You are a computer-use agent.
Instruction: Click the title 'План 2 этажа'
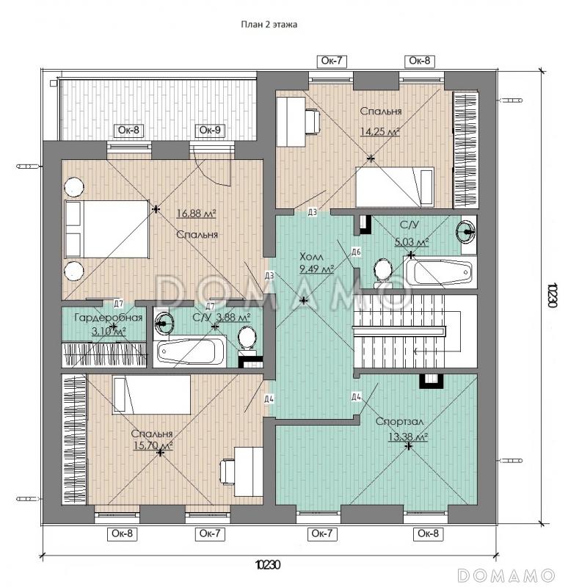pyautogui.click(x=269, y=25)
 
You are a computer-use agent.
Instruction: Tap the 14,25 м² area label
pyautogui.click(x=379, y=131)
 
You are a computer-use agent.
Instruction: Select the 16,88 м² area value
pyautogui.click(x=196, y=214)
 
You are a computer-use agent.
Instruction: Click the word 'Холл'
pyautogui.click(x=311, y=257)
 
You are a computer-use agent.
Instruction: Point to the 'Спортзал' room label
pyautogui.click(x=399, y=421)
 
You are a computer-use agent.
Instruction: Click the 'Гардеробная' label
pyautogui.click(x=109, y=318)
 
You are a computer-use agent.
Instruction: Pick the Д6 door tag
pyautogui.click(x=356, y=252)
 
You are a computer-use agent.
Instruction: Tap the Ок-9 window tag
pyautogui.click(x=210, y=130)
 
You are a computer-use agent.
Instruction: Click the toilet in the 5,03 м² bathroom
pyautogui.click(x=383, y=271)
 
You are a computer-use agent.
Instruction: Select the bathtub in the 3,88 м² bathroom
pyautogui.click(x=192, y=352)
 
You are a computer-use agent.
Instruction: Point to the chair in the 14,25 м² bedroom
pyautogui.click(x=312, y=120)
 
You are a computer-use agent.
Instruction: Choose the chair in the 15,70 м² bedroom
pyautogui.click(x=227, y=472)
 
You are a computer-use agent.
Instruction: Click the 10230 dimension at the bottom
pyautogui.click(x=268, y=564)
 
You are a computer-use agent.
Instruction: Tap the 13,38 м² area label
pyautogui.click(x=408, y=437)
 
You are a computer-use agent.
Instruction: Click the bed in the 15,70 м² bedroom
pyautogui.click(x=152, y=395)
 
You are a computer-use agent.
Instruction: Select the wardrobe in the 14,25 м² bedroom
pyautogui.click(x=465, y=150)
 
